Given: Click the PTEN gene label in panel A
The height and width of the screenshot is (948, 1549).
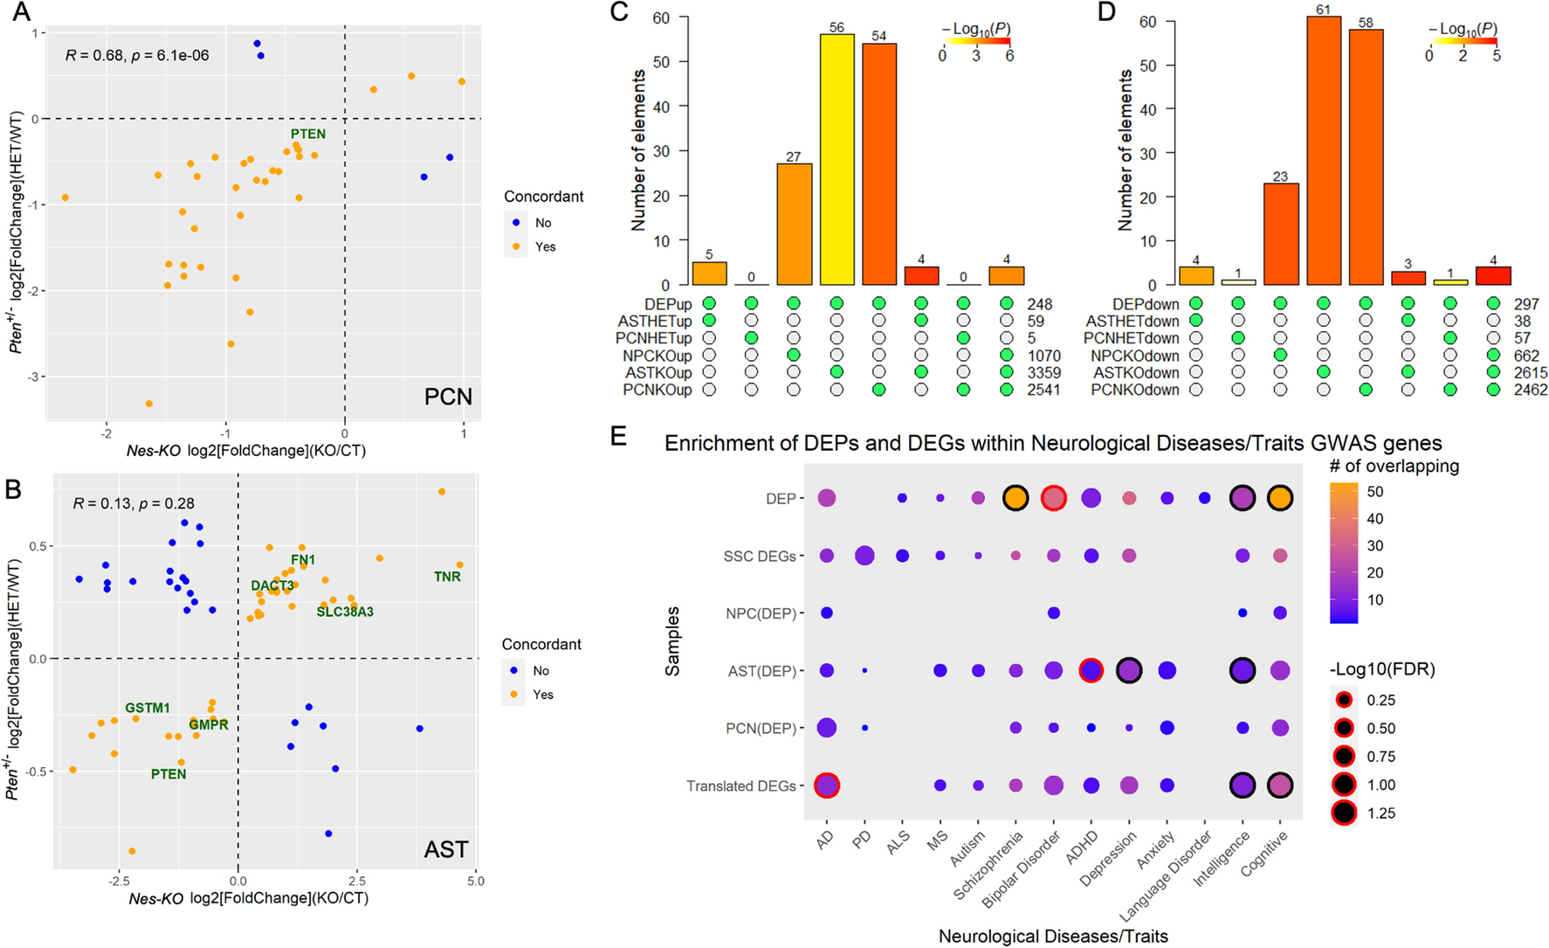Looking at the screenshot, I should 308,134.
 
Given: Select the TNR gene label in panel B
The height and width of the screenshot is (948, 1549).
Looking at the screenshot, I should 447,577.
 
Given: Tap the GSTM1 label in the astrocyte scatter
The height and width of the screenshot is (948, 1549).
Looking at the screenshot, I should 148,708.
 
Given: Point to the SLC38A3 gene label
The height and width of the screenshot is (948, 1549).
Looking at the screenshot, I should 345,612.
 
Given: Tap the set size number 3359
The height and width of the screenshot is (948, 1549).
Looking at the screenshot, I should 1043,373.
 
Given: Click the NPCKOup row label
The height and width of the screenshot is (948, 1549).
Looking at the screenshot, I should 657,356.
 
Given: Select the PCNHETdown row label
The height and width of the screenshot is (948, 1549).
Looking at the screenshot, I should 1131,338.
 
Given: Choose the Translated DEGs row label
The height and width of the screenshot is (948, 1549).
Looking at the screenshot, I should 740,786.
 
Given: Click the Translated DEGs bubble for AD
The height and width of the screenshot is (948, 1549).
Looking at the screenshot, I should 826,785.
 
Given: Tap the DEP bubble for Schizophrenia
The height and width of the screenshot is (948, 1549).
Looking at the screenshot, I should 1015,498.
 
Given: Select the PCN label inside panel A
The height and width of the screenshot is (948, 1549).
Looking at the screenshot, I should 448,397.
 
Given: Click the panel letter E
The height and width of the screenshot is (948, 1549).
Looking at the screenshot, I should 618,437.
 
